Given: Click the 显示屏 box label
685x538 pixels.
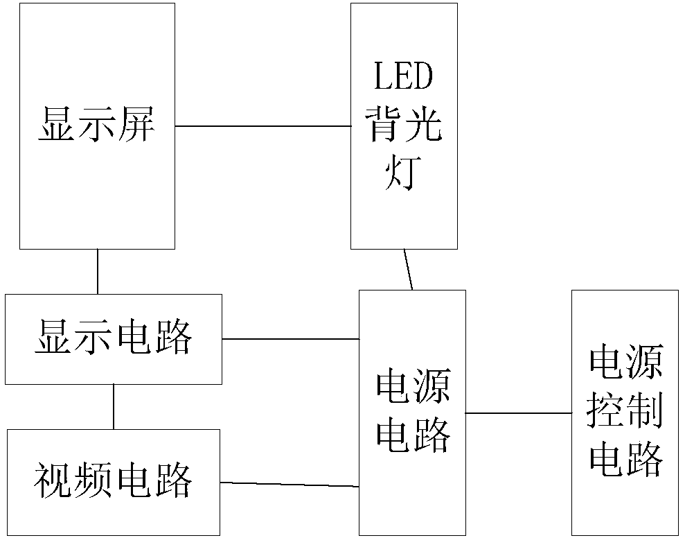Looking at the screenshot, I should [x=96, y=125].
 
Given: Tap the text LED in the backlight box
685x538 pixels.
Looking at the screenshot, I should [x=404, y=77].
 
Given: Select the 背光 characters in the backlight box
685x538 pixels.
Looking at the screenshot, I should [x=404, y=125].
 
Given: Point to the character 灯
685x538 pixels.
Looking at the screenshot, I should [x=404, y=175].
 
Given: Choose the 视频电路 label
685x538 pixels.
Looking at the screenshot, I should [x=113, y=482].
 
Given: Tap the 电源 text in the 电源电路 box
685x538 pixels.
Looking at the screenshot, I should [x=413, y=388].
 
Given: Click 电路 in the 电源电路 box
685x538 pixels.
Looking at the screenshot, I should [x=413, y=436].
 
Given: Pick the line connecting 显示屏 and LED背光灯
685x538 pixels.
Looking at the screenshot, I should [x=263, y=126].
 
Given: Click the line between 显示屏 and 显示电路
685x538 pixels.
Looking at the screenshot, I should [x=98, y=271].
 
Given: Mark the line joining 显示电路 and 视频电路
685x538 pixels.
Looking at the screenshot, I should [x=114, y=406].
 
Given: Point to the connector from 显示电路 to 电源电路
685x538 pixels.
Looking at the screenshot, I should [x=291, y=339].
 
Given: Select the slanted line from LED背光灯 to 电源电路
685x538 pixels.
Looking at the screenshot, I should [x=409, y=270].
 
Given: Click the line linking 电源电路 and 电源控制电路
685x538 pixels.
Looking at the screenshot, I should [x=518, y=413].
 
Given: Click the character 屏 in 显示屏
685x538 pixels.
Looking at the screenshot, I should [x=136, y=125].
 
